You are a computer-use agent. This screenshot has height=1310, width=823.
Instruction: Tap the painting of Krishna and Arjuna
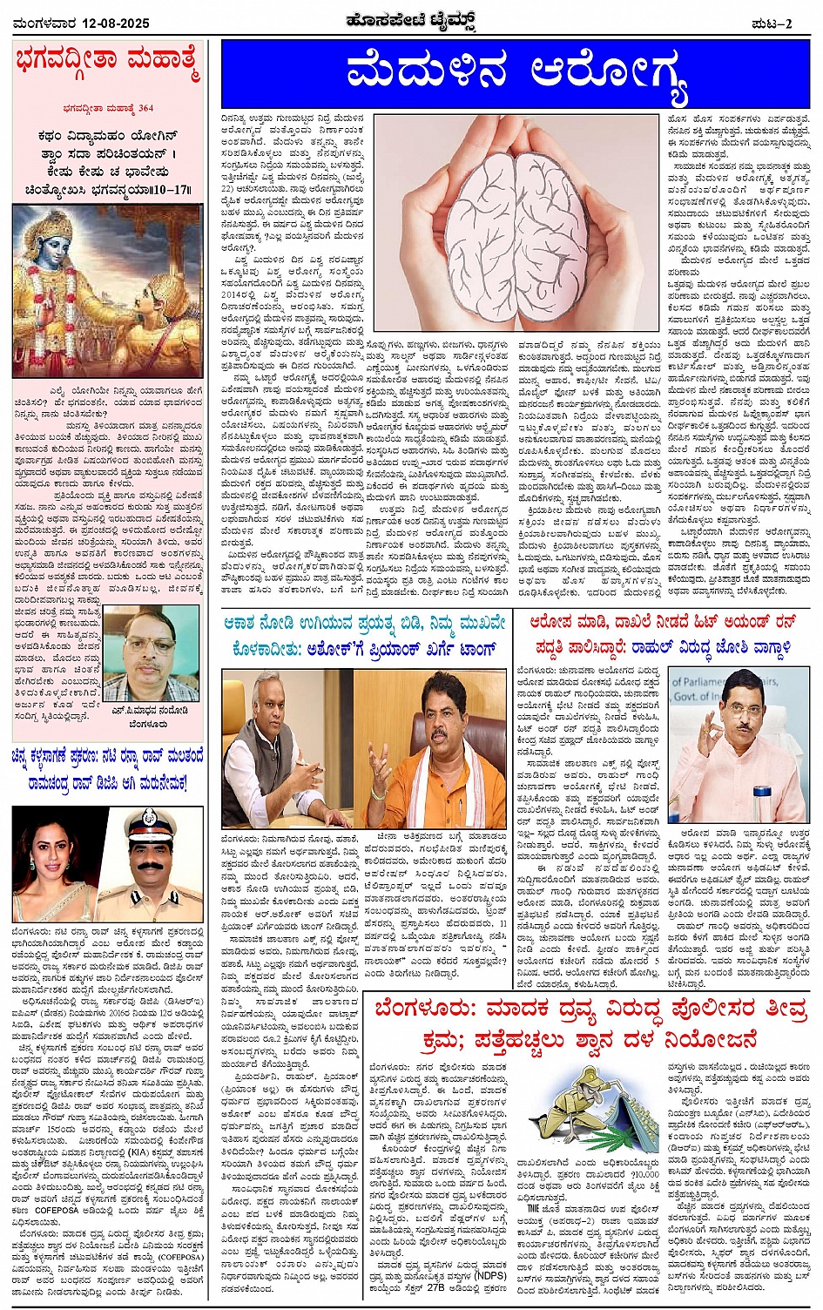(108, 293)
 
